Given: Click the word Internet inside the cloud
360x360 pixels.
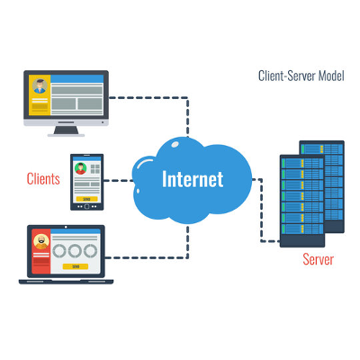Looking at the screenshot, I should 192,178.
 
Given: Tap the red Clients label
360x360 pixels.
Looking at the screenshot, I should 43,178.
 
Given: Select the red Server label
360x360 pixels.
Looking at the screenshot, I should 317,259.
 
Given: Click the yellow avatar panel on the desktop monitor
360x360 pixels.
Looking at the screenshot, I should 40,97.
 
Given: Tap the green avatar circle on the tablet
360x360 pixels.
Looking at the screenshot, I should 81,167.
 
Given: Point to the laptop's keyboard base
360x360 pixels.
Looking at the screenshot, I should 63,281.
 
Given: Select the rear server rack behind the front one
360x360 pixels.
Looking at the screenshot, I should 329,180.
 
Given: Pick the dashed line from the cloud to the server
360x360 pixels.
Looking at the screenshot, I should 261,207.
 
